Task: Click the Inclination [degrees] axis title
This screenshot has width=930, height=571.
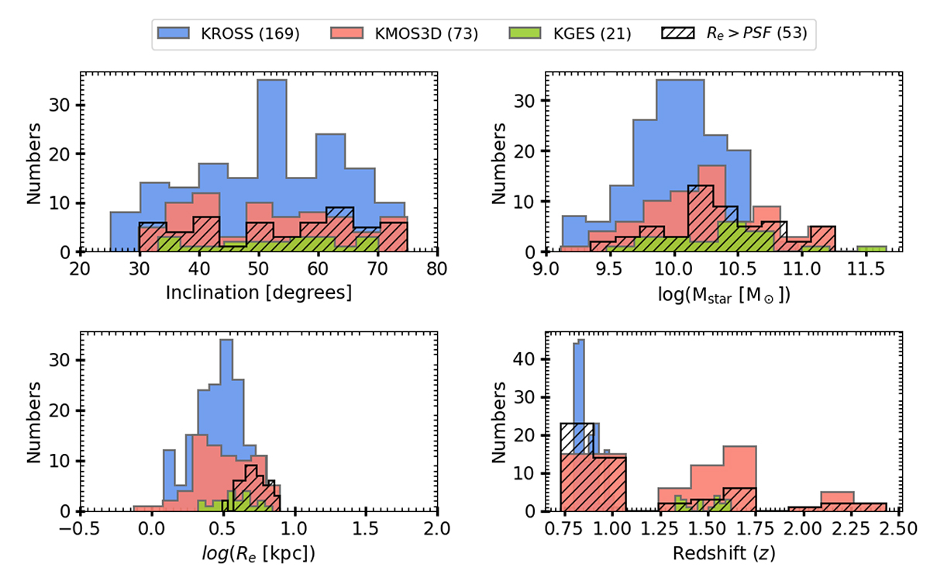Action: tap(258, 293)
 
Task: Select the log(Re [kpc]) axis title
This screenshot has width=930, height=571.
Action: tap(258, 553)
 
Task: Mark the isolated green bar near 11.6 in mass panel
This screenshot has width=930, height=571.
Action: tap(872, 249)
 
